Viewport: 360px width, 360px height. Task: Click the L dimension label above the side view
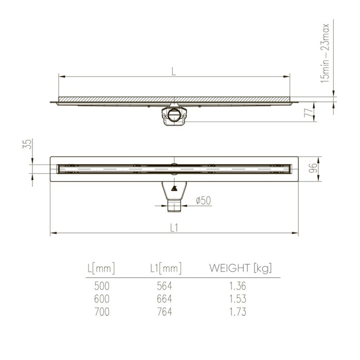click(174, 71)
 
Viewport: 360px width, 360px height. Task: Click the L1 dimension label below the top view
click(174, 228)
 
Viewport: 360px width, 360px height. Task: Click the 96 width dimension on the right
click(311, 169)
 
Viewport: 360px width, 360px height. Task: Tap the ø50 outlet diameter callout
click(203, 201)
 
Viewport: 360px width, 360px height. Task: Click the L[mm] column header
click(101, 268)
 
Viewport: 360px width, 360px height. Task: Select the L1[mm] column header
click(166, 268)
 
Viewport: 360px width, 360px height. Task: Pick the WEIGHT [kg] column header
click(240, 268)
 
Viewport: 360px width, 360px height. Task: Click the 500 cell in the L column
click(101, 285)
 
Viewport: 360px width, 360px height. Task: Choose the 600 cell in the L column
click(101, 298)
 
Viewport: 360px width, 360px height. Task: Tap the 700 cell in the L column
click(101, 311)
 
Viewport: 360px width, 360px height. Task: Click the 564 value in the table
click(165, 285)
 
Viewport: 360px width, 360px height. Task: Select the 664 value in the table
click(165, 298)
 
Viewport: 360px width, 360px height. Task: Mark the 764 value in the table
click(165, 311)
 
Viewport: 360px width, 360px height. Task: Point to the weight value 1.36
click(238, 285)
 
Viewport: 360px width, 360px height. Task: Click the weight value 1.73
click(238, 311)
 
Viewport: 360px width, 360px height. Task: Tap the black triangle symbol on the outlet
click(174, 188)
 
